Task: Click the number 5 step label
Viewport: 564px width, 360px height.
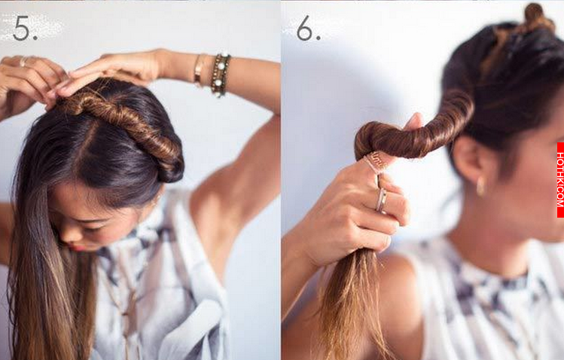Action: coord(25,28)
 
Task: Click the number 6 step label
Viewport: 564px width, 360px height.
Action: coord(308,28)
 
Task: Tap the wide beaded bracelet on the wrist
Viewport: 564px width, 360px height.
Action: coord(221,75)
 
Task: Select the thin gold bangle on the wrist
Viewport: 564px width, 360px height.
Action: coord(199,70)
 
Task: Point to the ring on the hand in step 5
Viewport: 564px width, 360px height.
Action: coord(23,62)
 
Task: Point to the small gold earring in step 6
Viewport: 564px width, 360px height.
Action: coord(480,186)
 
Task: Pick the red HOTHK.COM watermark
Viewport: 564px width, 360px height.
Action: coord(560,180)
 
